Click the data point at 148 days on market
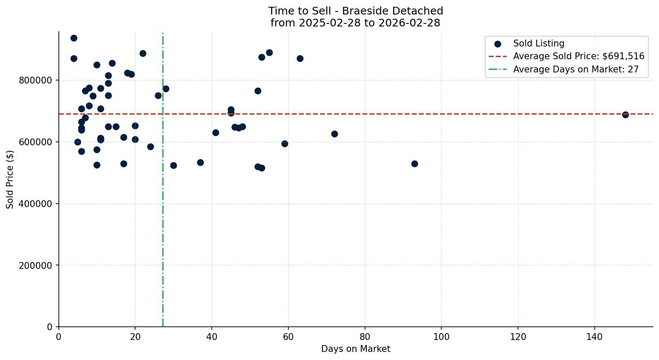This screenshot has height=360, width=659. [625, 115]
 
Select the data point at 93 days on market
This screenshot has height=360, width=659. [414, 164]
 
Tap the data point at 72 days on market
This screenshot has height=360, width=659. [334, 134]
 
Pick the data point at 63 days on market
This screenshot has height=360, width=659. [300, 58]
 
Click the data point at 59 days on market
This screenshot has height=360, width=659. [285, 144]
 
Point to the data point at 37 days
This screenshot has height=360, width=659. [200, 162]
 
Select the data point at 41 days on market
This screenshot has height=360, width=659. [216, 132]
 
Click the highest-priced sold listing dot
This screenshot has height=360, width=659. [74, 38]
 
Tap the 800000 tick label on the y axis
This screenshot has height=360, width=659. [36, 81]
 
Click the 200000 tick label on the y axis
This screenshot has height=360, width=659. [36, 265]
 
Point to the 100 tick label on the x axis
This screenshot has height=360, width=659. [441, 337]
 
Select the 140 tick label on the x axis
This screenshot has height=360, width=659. [594, 337]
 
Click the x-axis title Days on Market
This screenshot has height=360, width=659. [356, 349]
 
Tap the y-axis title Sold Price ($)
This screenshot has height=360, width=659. [10, 179]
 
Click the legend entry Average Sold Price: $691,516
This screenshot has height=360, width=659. [578, 56]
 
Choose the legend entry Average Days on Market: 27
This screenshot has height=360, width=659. [576, 69]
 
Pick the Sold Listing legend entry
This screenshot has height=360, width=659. [538, 43]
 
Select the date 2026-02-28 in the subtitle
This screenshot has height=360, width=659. [411, 23]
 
